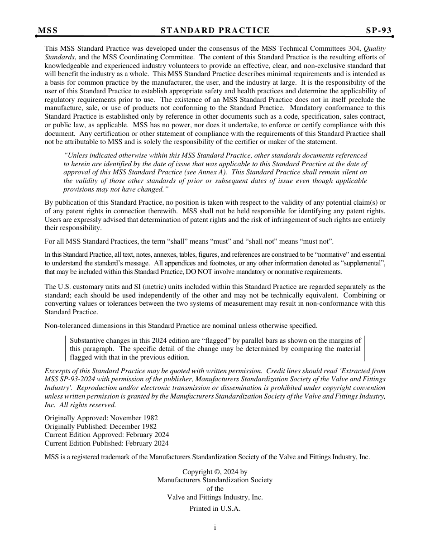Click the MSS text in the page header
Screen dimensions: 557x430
pyautogui.click(x=48, y=31)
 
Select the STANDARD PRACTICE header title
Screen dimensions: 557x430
pyautogui.click(x=215, y=31)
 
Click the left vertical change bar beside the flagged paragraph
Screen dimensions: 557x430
pyautogui.click(x=66, y=349)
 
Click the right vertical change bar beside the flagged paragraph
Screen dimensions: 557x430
pyautogui.click(x=364, y=349)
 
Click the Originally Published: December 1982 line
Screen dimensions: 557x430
pyautogui.click(x=100, y=427)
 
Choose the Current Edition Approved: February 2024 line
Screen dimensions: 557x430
pyautogui.click(x=107, y=435)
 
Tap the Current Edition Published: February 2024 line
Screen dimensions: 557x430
pyautogui.click(x=106, y=443)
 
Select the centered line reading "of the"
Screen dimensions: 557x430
pyautogui.click(x=215, y=489)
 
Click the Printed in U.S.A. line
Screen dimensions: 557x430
pyautogui.click(x=215, y=509)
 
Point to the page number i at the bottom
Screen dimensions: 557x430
pyautogui.click(x=215, y=528)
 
